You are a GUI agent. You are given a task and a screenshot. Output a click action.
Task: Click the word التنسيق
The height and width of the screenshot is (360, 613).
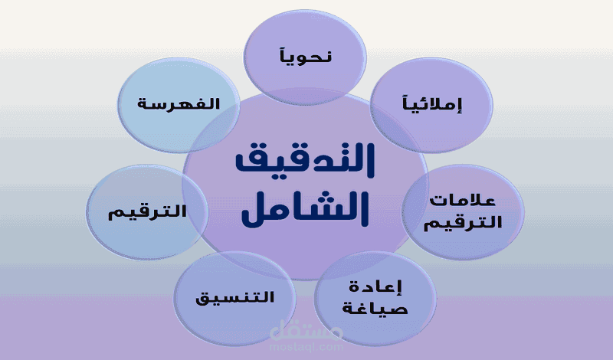(x=234, y=296)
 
